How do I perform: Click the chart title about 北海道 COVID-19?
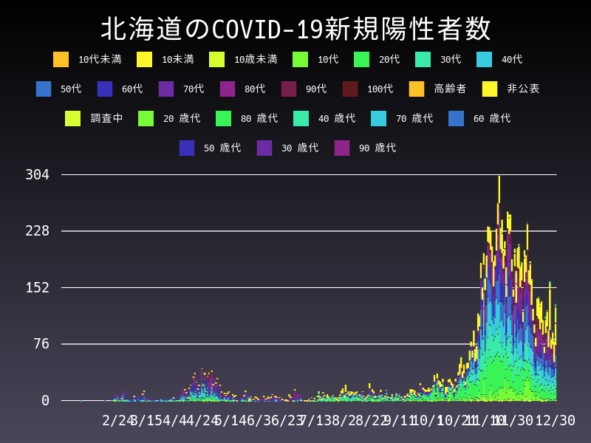click(295, 30)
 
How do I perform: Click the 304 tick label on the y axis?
click(37, 175)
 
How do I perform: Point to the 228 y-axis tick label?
click(37, 231)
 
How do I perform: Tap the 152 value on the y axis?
click(37, 287)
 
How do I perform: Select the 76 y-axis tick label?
click(42, 344)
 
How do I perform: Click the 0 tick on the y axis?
click(45, 400)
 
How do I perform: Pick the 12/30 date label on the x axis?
click(555, 420)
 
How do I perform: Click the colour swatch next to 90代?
click(289, 89)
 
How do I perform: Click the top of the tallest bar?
click(499, 176)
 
